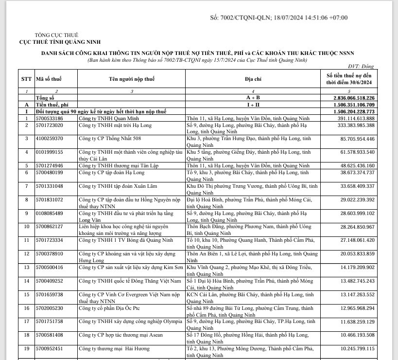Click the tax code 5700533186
tap(50, 118)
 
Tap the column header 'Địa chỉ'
tap(253, 78)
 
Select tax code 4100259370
tap(50, 139)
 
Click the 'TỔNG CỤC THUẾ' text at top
tap(57, 35)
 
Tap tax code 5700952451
tap(50, 348)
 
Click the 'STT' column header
tap(26, 78)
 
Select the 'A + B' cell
tap(253, 98)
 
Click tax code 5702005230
tap(50, 308)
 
